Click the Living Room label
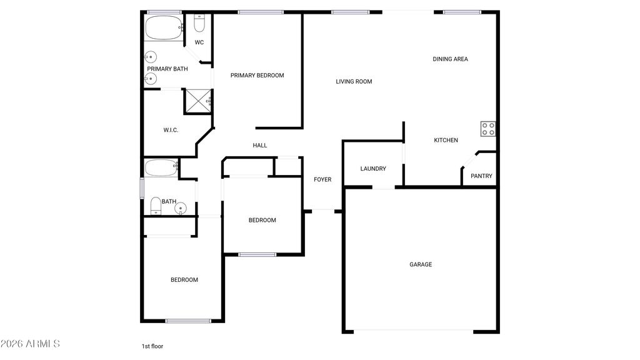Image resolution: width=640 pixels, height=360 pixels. point(354,81)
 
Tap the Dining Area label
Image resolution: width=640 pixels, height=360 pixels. point(450,59)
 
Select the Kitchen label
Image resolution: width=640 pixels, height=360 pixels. point(446,141)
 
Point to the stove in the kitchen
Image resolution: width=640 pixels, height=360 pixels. point(488,129)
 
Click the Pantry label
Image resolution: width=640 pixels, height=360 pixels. point(481,176)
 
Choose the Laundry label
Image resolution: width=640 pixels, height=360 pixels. point(373,169)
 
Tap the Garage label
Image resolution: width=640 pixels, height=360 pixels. point(421,265)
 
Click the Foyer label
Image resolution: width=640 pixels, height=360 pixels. point(322,180)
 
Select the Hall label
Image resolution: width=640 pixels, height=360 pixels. point(260,146)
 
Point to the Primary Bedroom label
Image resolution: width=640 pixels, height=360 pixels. point(257,76)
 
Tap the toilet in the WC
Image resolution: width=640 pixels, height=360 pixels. point(199,24)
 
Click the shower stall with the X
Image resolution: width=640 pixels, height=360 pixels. point(198,100)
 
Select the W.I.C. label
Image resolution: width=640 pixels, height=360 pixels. point(171,130)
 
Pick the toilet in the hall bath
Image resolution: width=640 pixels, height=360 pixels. point(156,206)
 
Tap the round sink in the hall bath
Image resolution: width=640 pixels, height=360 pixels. point(181,207)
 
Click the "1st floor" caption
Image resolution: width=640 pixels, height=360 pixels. point(152,346)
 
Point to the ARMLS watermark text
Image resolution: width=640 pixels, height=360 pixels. point(30,344)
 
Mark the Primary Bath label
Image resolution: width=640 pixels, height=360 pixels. point(167,69)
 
